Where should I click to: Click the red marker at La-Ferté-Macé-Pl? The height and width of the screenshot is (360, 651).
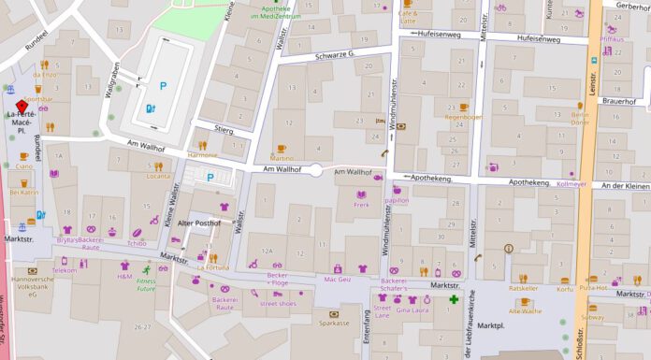click(x=22, y=106)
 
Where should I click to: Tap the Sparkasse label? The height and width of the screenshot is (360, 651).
click(x=334, y=323)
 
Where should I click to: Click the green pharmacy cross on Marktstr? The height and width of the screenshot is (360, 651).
click(x=454, y=300)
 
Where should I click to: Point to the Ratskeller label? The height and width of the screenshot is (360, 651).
click(x=524, y=289)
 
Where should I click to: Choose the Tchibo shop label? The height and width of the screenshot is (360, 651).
click(x=137, y=243)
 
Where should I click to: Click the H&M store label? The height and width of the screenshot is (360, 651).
click(x=124, y=277)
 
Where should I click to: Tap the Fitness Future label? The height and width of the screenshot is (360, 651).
click(x=147, y=284)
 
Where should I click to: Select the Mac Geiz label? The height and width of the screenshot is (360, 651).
click(x=337, y=279)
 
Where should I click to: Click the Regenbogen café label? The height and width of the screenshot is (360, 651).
click(x=464, y=118)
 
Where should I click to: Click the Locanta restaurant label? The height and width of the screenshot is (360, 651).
click(x=159, y=176)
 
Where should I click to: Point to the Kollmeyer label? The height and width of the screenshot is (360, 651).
click(x=571, y=184)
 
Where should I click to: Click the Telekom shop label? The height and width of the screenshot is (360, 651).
click(x=65, y=270)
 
